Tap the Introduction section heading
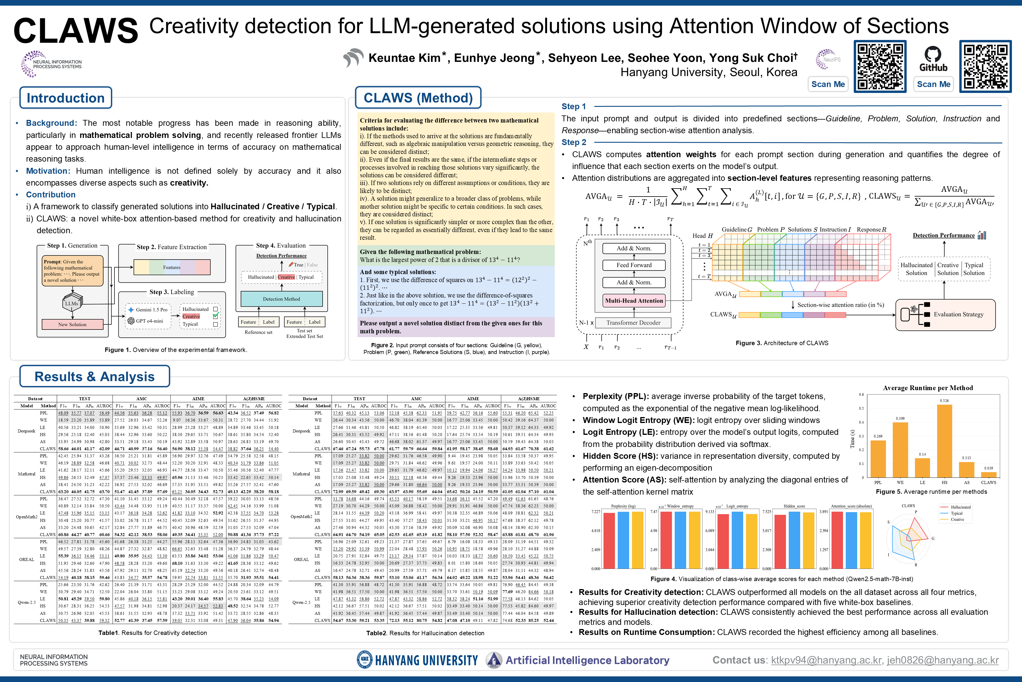[66, 98]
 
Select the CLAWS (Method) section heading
[418, 98]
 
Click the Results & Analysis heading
[94, 376]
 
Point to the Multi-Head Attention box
[634, 300]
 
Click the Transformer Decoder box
[633, 323]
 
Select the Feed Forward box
[634, 265]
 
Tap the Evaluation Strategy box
[945, 314]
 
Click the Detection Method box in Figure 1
[282, 299]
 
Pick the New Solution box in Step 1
[72, 324]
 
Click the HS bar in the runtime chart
[944, 441]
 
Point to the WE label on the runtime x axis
[900, 482]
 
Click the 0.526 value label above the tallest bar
[944, 400]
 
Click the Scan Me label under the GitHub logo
[933, 84]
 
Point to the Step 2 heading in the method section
[574, 142]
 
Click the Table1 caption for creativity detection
[153, 633]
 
